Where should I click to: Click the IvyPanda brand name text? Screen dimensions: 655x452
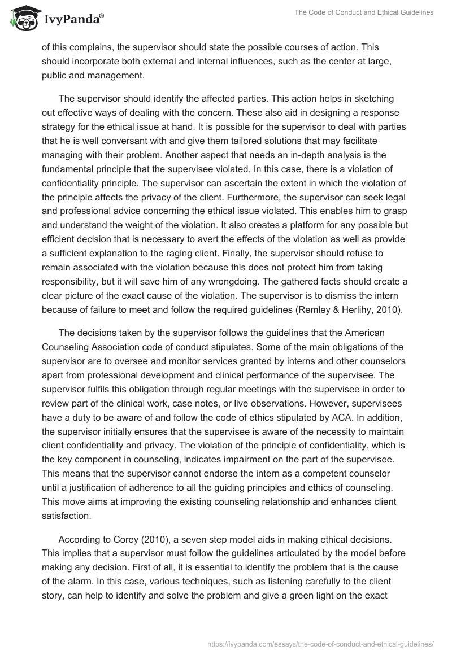[74, 20]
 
